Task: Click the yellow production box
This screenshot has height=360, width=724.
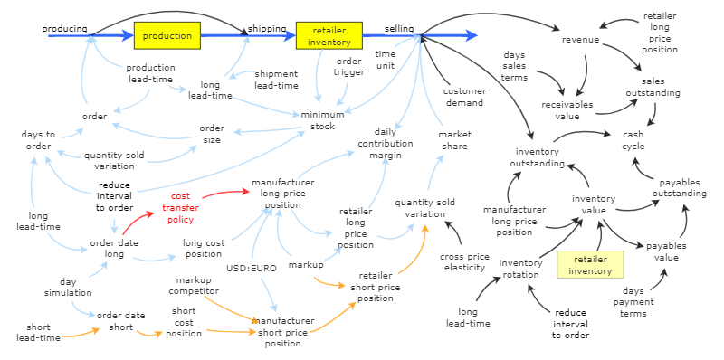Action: (x=167, y=35)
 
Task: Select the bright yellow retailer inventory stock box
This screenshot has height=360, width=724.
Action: (x=329, y=35)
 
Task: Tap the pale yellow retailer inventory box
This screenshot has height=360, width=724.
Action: (x=590, y=264)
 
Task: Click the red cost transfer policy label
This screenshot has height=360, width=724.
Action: (x=181, y=207)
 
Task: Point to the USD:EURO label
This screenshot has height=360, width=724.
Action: (x=250, y=269)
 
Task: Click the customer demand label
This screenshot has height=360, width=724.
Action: (x=465, y=98)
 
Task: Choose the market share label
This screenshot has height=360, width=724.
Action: (x=455, y=140)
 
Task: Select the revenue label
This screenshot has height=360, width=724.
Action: (x=580, y=40)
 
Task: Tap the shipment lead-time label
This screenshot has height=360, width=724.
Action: (x=276, y=80)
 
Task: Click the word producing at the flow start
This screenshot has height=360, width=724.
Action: (x=65, y=29)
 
